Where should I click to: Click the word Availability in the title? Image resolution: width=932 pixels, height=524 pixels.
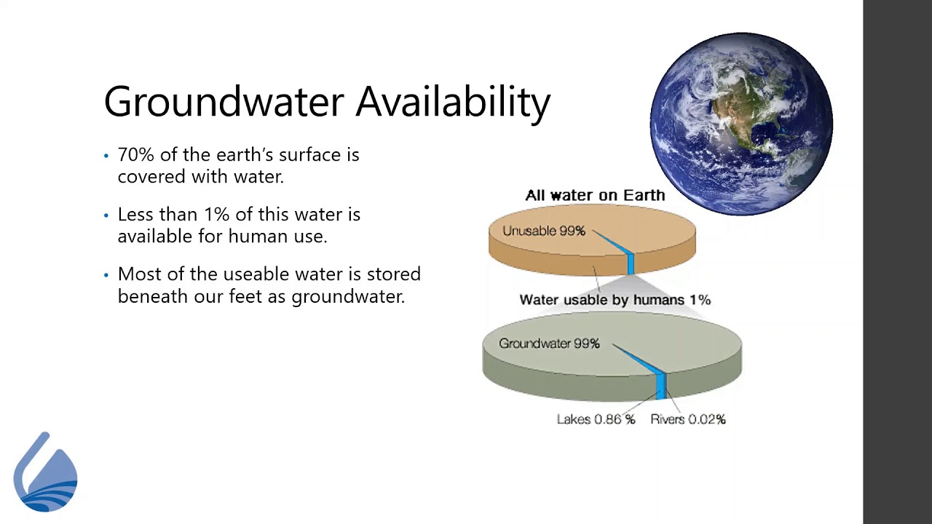452,102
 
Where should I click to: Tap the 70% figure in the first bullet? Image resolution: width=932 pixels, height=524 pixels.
135,155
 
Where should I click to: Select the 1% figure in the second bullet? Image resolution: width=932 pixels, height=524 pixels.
216,215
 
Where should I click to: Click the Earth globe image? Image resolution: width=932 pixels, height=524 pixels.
741,124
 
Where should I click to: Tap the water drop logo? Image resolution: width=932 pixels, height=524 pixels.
45,473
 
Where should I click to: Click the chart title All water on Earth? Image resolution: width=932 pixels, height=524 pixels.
595,195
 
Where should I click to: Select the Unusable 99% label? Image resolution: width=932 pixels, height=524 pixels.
543,231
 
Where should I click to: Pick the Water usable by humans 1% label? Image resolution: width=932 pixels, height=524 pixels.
615,300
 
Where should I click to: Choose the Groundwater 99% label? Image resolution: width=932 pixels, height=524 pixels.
549,344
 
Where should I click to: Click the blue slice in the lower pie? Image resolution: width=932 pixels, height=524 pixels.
660,384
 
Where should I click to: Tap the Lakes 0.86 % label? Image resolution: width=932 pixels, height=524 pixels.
596,419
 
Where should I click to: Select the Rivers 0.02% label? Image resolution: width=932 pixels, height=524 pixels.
687,419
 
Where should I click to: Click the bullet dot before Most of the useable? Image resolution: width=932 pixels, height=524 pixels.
106,275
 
